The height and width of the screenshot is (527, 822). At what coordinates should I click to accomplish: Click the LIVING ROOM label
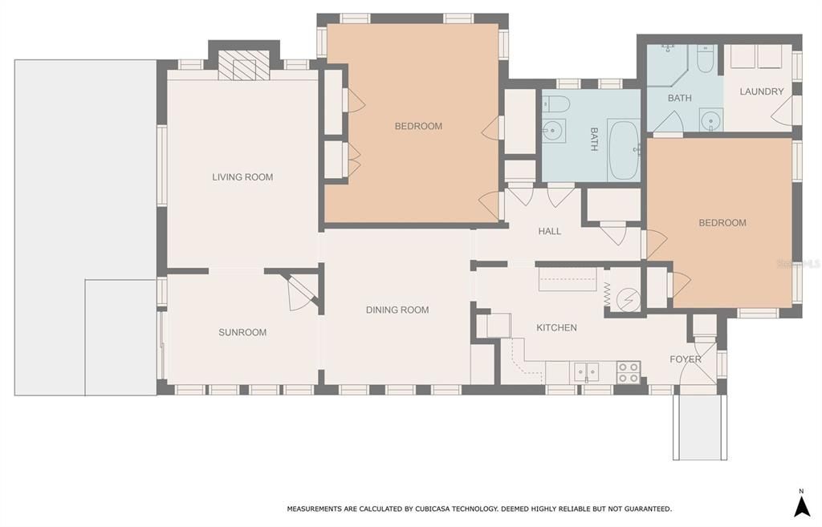click(x=242, y=177)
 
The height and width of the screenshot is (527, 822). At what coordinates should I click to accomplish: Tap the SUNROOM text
click(x=242, y=332)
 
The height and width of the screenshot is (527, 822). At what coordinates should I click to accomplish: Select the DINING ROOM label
click(x=397, y=310)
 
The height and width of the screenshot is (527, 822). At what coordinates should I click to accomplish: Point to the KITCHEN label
click(x=556, y=327)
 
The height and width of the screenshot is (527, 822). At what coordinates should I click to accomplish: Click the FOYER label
click(x=686, y=359)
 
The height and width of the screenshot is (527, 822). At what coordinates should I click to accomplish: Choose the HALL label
click(x=550, y=231)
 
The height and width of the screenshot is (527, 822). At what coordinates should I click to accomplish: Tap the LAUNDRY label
click(x=761, y=91)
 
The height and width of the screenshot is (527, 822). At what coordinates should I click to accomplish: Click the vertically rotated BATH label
click(x=594, y=139)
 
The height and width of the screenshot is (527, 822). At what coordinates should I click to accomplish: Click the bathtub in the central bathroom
click(x=624, y=150)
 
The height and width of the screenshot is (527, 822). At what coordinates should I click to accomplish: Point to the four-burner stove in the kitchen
click(x=628, y=372)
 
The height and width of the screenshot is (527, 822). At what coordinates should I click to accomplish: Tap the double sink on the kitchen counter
click(x=585, y=372)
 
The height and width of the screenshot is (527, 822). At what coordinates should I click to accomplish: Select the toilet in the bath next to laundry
click(x=705, y=59)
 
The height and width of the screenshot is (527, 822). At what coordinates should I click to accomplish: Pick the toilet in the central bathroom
click(x=556, y=103)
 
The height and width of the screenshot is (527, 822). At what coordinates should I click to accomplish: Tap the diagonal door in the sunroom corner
click(x=302, y=291)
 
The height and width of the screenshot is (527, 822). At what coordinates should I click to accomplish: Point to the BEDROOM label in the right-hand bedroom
click(x=722, y=223)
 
